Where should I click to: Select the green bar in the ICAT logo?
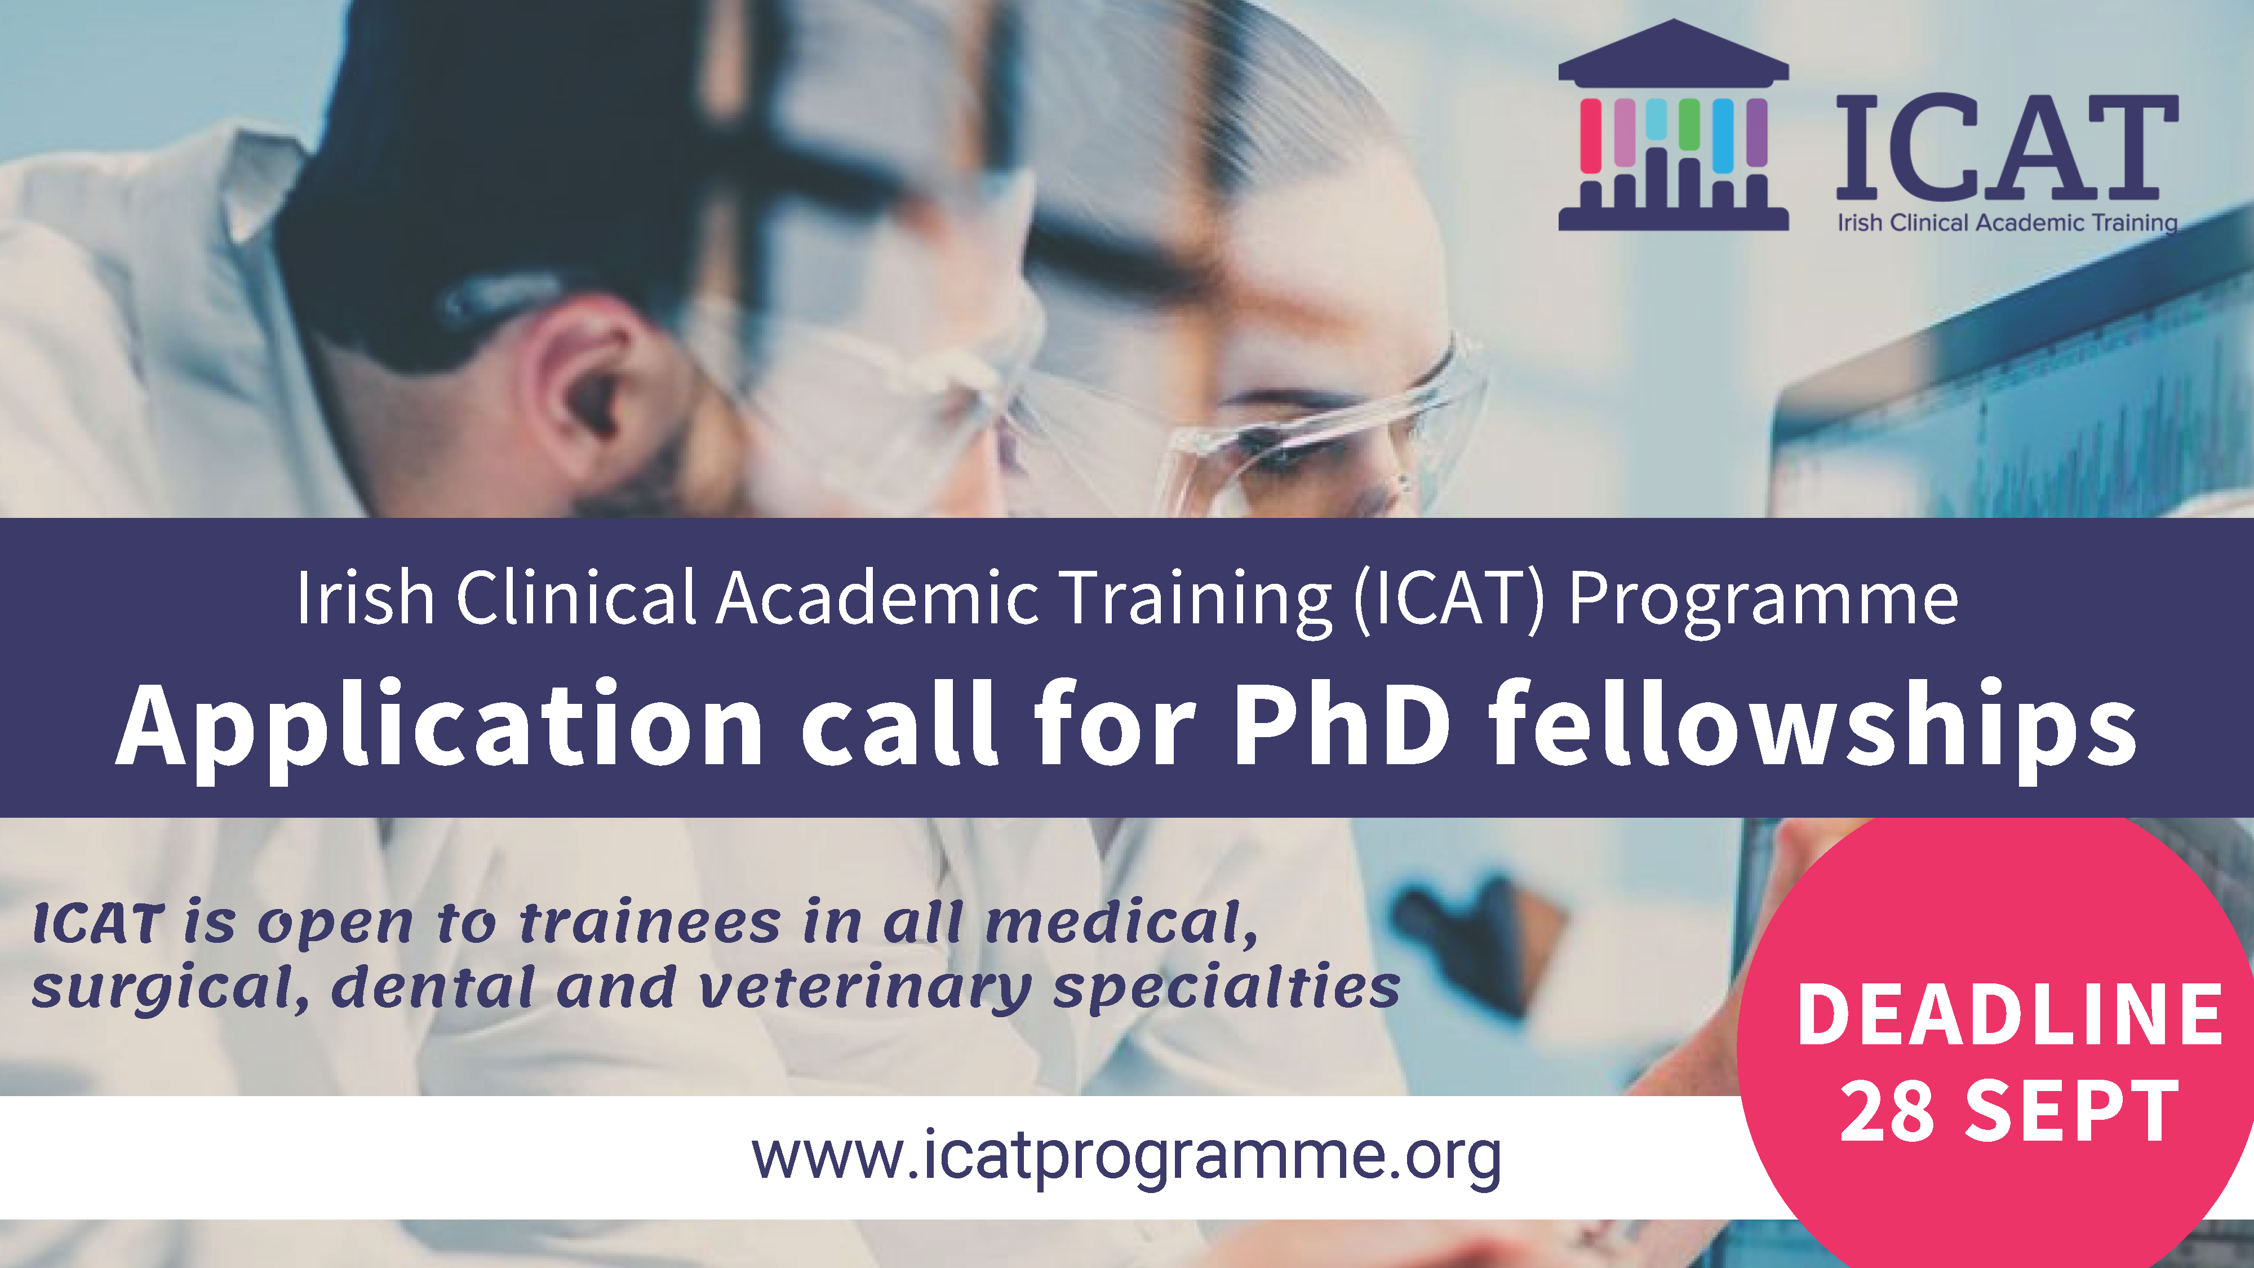[1689, 123]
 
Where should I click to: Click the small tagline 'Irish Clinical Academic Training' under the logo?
[2007, 223]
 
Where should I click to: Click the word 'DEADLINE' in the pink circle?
[2009, 1014]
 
